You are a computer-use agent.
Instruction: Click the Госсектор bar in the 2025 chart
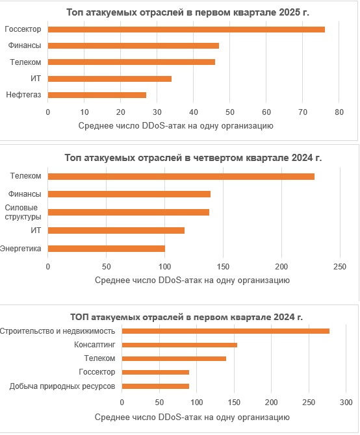186,29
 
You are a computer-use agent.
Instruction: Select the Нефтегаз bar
97,95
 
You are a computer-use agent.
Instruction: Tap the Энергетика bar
107,249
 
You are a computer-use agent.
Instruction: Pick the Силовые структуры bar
129,212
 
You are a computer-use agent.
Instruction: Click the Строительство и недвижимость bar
225,331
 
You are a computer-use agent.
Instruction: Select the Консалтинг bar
179,345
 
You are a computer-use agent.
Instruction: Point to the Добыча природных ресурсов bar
155,386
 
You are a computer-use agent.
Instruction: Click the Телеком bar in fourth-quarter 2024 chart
181,177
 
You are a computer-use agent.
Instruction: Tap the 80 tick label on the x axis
339,112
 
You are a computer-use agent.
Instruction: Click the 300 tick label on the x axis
346,403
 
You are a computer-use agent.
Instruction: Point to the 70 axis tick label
303,112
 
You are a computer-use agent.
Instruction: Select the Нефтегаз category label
23,95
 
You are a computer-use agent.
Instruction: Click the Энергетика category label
21,249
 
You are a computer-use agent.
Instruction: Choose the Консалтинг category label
94,345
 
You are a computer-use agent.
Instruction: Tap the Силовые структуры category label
23,212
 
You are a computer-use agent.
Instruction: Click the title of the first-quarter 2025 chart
188,12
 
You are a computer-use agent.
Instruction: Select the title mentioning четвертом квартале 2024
193,158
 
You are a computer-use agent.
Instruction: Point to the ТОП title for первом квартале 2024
186,317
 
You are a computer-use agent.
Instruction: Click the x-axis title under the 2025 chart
175,126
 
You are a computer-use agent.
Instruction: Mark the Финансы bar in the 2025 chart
133,46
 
